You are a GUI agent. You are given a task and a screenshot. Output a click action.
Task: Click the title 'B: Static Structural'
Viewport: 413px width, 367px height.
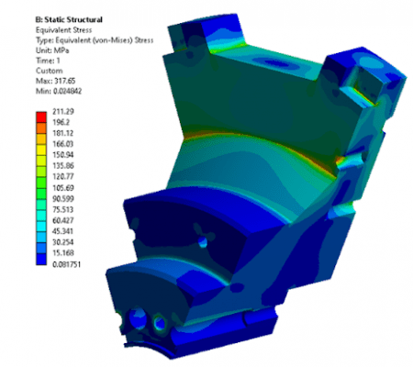click(69, 20)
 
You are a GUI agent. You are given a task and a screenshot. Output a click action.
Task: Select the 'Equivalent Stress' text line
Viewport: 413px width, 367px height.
click(63, 30)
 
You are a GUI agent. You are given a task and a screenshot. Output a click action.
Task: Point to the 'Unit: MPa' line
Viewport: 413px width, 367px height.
click(52, 50)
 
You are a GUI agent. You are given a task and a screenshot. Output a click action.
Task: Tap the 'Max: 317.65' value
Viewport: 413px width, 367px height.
click(55, 81)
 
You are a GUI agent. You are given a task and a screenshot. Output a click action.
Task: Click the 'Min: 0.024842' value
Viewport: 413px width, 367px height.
click(59, 91)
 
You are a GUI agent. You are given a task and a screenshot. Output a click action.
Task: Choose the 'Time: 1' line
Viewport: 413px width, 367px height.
click(48, 61)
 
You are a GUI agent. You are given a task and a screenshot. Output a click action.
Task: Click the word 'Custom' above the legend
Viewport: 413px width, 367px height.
click(50, 71)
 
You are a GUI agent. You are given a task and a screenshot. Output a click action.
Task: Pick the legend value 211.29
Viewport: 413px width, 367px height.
click(63, 111)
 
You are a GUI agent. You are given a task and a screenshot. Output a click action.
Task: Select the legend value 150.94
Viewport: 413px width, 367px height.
click(63, 155)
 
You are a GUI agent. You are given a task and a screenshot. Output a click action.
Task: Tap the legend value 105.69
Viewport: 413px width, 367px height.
click(63, 187)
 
